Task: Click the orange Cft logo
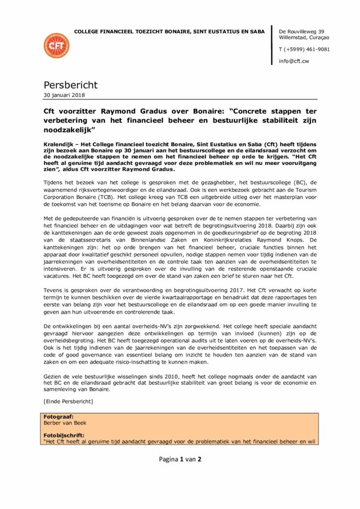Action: coord(57,46)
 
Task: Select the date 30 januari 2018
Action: coord(65,95)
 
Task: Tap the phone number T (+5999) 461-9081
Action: coord(304,49)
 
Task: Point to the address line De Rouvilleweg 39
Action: coord(302,31)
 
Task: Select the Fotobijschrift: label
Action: coord(64,433)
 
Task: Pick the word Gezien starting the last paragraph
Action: coord(54,376)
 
